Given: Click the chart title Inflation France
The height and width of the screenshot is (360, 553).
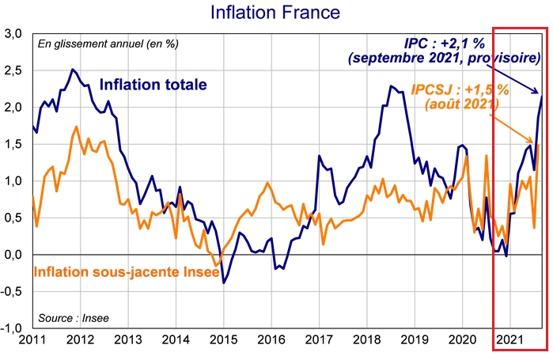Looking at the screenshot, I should [263, 13].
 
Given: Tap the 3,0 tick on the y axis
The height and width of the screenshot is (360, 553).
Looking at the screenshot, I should [13, 34].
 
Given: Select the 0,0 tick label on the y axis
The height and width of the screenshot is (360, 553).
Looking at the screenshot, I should [13, 254].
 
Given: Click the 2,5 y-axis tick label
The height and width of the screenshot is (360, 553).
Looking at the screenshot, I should [13, 70].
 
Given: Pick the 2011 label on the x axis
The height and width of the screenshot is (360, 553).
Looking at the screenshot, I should [32, 341].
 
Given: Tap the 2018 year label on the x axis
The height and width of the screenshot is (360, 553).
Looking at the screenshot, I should [366, 341].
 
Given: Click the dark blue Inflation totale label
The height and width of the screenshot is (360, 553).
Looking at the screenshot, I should [154, 85].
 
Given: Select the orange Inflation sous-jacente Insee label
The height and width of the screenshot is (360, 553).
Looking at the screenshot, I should [119, 273].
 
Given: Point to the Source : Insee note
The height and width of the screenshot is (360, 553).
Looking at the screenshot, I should [74, 318].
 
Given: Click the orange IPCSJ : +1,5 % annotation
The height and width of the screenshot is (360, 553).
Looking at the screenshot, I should [460, 89].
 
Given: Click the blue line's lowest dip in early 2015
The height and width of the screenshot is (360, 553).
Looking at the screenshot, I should [224, 282].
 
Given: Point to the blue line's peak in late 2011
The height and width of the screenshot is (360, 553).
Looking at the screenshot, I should [73, 70].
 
